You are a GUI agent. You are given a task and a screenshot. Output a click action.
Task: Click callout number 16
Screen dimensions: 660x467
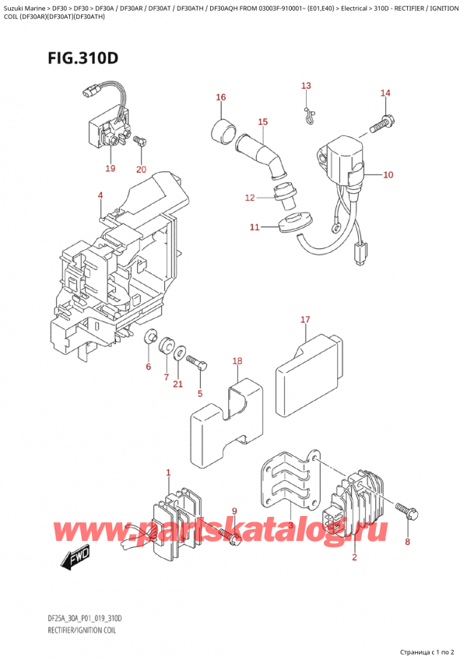[x=221, y=97]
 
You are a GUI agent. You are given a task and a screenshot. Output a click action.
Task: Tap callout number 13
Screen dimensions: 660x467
[x=306, y=86]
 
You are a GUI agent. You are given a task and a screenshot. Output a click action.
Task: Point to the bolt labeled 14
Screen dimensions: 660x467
[x=382, y=121]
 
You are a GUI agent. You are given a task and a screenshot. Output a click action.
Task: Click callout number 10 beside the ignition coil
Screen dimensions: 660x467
[x=388, y=175]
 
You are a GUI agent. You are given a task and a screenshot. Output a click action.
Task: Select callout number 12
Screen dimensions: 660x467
[x=249, y=198]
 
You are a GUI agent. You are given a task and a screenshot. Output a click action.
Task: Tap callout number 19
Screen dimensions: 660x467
[x=110, y=168]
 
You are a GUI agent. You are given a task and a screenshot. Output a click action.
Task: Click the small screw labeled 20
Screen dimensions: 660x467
[x=139, y=142]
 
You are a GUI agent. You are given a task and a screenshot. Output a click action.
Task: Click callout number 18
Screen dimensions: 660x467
[x=237, y=361]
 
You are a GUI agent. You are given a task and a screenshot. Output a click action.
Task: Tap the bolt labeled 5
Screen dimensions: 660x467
[x=196, y=365]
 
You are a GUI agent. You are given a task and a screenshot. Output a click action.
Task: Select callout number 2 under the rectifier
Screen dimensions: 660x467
[x=354, y=557]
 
